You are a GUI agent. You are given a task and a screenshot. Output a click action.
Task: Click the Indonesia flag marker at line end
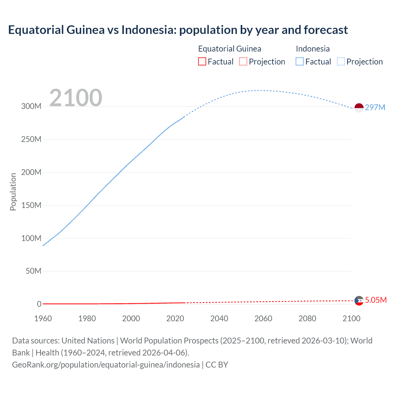(x=359, y=108)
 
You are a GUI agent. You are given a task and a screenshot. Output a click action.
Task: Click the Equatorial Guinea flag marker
(x=359, y=301)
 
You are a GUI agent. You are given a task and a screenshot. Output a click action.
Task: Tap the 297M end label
(x=375, y=107)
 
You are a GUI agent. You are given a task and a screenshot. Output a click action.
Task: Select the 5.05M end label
(x=376, y=300)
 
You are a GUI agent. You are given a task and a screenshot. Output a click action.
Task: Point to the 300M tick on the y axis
(x=31, y=106)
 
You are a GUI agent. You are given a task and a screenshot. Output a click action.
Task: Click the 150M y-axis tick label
(x=31, y=205)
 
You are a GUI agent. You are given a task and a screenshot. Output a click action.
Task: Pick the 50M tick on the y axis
(x=33, y=271)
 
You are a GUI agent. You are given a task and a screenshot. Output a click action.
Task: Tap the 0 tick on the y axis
(x=39, y=304)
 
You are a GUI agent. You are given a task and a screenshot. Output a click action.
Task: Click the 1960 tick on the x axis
(x=43, y=318)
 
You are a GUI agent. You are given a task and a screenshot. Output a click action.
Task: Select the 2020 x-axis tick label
(x=175, y=318)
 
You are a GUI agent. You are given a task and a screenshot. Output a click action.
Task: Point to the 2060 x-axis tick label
(x=263, y=318)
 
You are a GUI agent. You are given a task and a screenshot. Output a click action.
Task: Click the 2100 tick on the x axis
(x=351, y=318)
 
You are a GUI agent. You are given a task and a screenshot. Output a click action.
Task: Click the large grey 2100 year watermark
(x=76, y=98)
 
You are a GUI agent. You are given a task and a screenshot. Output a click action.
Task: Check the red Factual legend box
(x=202, y=62)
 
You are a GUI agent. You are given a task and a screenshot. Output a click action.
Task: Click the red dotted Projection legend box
(x=243, y=62)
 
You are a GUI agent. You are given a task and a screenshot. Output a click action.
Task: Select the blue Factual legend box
(x=300, y=62)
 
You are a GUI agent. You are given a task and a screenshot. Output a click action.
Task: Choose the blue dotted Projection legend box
(x=341, y=62)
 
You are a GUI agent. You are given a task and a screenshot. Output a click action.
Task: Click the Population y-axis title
(x=13, y=192)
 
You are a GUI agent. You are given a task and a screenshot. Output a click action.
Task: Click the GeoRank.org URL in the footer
(x=106, y=365)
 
